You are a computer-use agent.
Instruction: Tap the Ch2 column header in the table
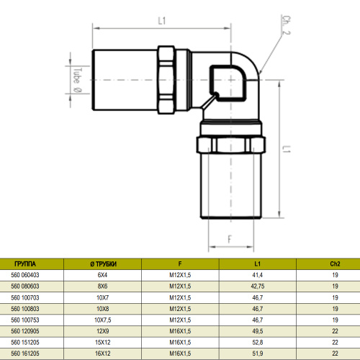tap(335, 264)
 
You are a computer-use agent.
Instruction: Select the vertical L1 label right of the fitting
tap(286, 150)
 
